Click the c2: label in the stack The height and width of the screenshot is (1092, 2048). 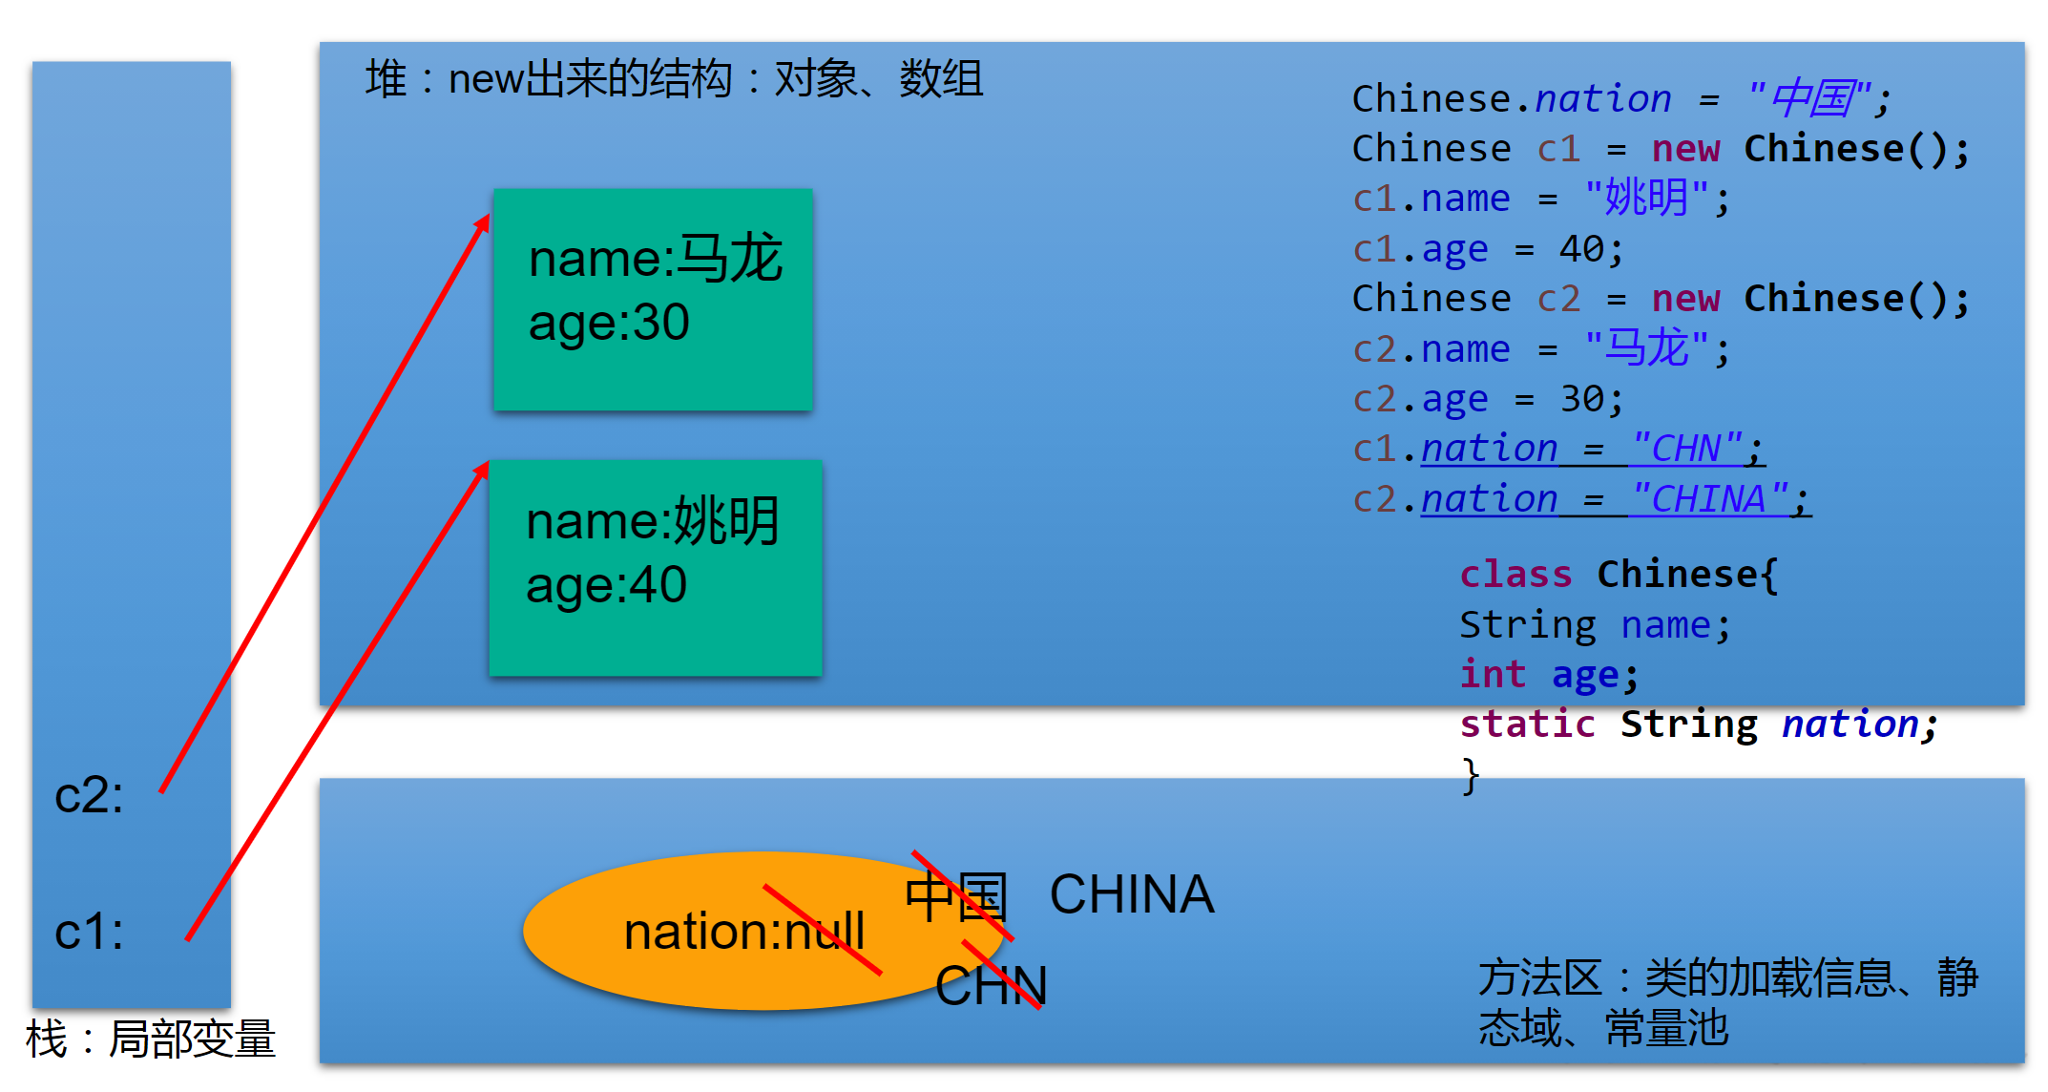click(x=89, y=795)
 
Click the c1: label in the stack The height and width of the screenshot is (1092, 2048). click(x=89, y=932)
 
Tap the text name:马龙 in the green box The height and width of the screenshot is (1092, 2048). click(x=655, y=259)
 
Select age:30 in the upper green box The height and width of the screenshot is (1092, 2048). click(x=609, y=323)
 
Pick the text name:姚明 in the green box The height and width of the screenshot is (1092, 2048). click(x=653, y=521)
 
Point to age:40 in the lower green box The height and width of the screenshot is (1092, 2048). click(x=606, y=585)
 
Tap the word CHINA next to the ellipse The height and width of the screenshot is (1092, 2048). click(x=1131, y=894)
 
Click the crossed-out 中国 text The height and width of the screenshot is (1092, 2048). click(x=955, y=897)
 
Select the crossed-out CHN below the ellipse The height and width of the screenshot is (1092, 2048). click(x=991, y=985)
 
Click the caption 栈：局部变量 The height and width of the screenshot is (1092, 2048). click(x=151, y=1039)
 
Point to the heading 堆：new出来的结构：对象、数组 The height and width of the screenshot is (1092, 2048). click(x=674, y=78)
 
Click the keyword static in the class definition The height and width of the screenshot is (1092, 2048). click(x=1527, y=724)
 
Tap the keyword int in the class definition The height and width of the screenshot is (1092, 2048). click(x=1493, y=675)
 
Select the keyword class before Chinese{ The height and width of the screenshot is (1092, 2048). click(x=1515, y=575)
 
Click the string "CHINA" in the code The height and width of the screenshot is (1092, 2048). click(x=1708, y=499)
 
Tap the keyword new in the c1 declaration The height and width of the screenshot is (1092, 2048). click(x=1685, y=149)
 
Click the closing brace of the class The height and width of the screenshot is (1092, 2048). click(x=1471, y=775)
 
